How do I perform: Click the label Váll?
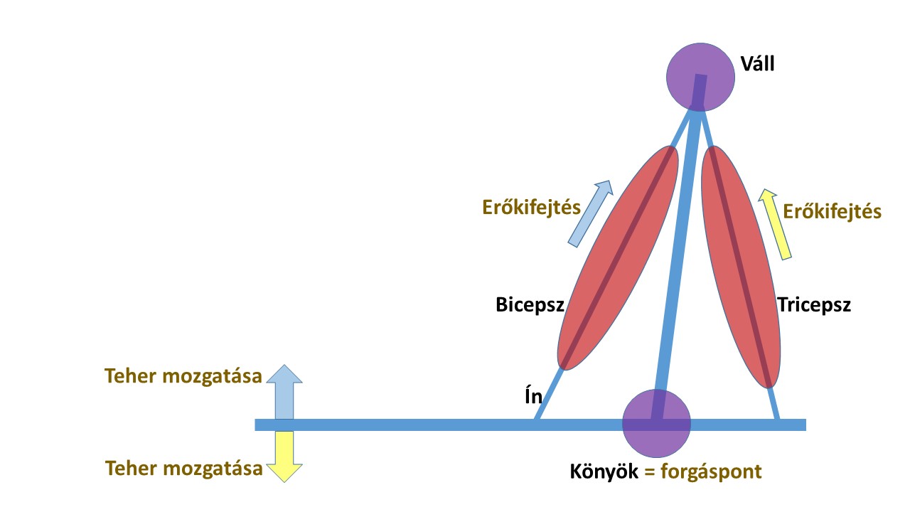[757, 64]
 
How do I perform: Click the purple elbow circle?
[656, 423]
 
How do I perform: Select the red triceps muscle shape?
[740, 267]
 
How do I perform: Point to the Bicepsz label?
[530, 306]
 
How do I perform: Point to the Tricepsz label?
[814, 306]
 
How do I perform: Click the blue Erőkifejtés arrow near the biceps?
[589, 213]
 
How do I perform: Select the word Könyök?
[603, 471]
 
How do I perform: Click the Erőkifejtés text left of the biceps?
[531, 208]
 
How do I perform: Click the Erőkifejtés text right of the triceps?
[832, 211]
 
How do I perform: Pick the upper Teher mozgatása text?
[183, 376]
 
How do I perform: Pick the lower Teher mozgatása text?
[183, 469]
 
